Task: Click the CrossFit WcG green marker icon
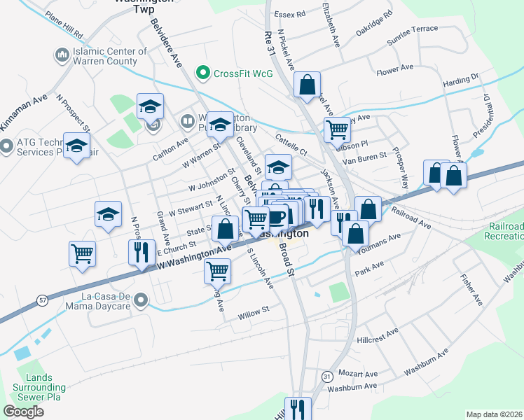(203, 71)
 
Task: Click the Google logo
(23, 411)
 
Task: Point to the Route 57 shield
(43, 300)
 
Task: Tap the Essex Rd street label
(290, 14)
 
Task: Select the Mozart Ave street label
(357, 374)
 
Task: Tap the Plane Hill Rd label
(63, 24)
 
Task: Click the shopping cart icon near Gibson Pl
(337, 129)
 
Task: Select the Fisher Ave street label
(471, 290)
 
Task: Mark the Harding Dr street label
(460, 81)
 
